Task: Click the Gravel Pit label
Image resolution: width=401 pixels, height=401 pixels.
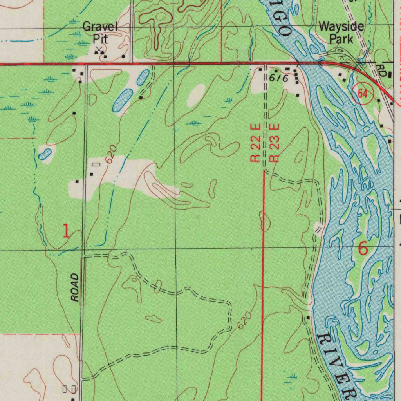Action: (x=100, y=33)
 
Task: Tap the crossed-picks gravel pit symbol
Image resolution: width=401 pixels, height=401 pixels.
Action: (x=99, y=50)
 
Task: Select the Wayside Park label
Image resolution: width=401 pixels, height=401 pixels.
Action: (x=341, y=33)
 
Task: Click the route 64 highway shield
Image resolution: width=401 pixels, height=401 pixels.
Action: (x=363, y=94)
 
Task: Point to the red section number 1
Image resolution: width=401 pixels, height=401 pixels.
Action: (x=66, y=231)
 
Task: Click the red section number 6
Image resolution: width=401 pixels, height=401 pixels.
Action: (x=363, y=248)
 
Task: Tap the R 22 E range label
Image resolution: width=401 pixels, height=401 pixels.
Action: (x=255, y=143)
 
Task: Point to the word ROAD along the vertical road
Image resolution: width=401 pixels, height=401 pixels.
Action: (x=75, y=288)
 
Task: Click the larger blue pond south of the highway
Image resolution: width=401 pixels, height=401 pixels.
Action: (x=123, y=101)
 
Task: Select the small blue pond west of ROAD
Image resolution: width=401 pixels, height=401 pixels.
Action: (x=45, y=154)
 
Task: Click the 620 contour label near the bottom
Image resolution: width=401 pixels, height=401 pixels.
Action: (x=243, y=321)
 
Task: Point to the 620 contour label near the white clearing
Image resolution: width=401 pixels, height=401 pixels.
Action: (x=111, y=154)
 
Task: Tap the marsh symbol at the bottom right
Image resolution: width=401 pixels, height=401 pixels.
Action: (x=292, y=378)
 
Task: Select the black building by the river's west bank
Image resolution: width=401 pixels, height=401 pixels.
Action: (x=308, y=317)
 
